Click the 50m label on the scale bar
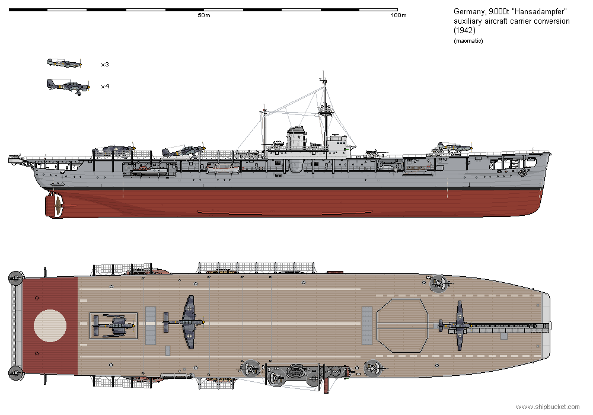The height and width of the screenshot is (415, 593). (203, 15)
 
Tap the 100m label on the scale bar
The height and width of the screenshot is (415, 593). (399, 15)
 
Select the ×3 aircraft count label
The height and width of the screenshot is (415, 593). (104, 64)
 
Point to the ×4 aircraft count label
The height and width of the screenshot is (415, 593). (104, 87)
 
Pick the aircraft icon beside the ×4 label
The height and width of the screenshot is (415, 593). (68, 87)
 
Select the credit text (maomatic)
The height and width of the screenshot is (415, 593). (468, 40)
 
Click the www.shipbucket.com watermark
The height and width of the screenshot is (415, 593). (547, 407)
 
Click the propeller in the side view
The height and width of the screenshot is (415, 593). (57, 205)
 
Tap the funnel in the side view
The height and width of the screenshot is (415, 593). (296, 140)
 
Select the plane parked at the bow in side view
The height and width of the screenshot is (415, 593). (454, 146)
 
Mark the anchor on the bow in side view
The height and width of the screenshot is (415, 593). (522, 173)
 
